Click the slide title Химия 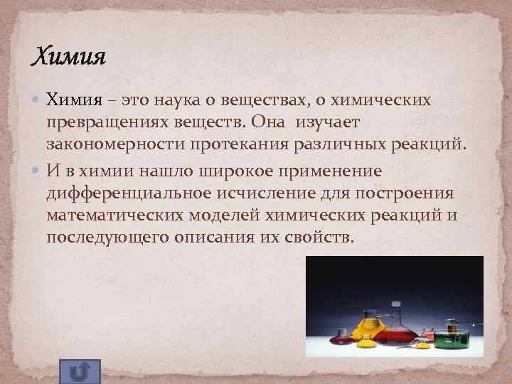[x=69, y=55]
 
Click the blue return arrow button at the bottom [x=80, y=371]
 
